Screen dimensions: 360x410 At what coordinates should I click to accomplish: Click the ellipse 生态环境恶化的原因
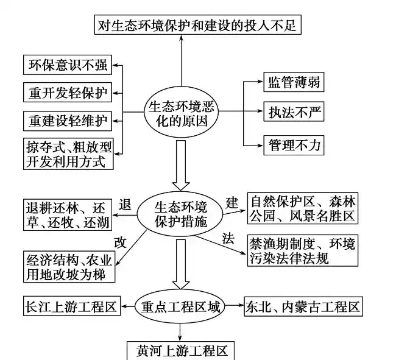point(180,112)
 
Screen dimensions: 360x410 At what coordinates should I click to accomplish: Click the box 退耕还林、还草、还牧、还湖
point(66,214)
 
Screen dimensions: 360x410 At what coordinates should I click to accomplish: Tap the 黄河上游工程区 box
point(181,350)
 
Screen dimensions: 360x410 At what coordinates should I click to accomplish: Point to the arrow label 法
point(228,237)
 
